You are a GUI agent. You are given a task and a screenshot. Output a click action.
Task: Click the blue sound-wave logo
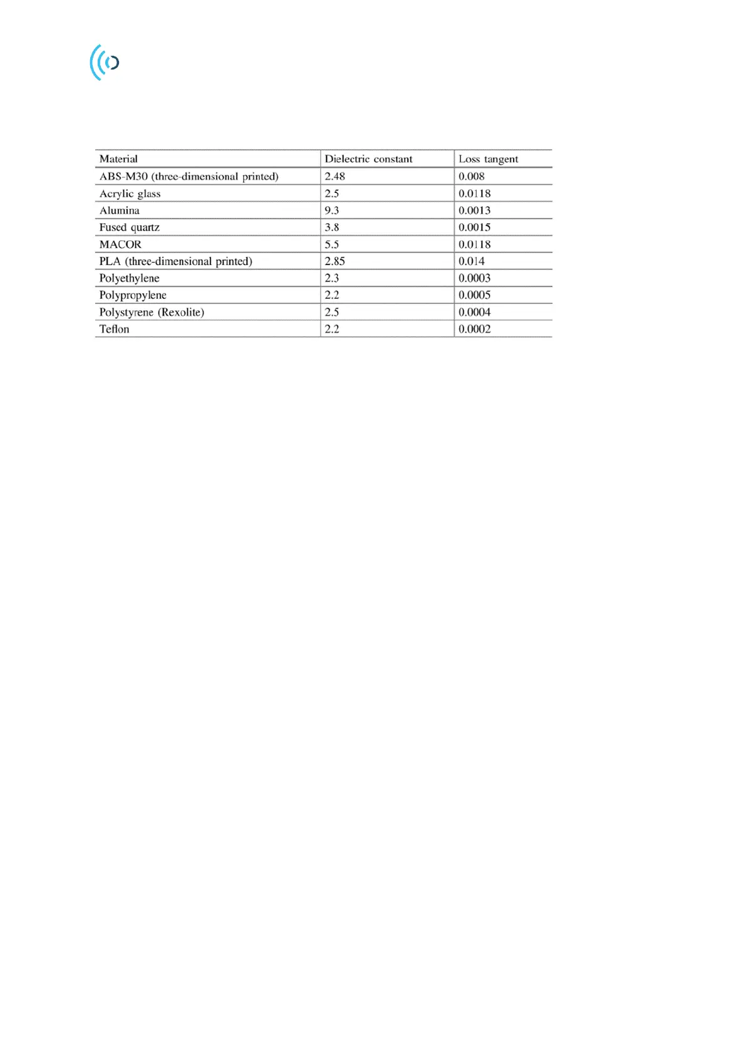(104, 62)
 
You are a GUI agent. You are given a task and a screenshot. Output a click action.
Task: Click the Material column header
(118, 159)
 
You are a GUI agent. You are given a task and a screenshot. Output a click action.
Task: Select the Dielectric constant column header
(368, 159)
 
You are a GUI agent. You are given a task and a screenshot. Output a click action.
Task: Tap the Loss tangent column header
(488, 159)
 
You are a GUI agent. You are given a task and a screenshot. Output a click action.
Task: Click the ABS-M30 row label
(189, 177)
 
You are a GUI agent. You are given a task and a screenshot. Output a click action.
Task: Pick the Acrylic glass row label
(130, 194)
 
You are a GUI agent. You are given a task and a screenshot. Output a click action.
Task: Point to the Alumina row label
(119, 210)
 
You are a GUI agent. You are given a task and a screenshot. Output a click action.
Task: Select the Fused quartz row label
(129, 227)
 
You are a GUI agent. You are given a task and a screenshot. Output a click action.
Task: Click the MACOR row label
(120, 244)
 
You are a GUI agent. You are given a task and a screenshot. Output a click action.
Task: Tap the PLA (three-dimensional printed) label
(175, 261)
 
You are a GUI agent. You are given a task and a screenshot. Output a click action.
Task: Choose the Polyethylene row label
(129, 278)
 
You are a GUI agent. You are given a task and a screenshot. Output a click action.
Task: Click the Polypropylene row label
(133, 295)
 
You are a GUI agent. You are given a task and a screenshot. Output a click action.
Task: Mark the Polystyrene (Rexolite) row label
(152, 312)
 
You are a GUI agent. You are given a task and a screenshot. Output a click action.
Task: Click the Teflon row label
(114, 329)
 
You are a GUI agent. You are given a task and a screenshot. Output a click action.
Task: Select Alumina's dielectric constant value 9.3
(331, 210)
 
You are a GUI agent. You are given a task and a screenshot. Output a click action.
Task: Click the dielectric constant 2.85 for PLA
(334, 261)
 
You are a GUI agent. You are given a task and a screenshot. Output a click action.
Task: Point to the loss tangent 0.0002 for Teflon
(474, 329)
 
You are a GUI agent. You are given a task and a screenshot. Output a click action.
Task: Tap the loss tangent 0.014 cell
(471, 261)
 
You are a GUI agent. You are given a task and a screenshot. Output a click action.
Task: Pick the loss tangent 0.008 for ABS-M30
(471, 177)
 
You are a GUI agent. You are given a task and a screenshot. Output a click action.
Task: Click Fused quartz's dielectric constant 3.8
(331, 227)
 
